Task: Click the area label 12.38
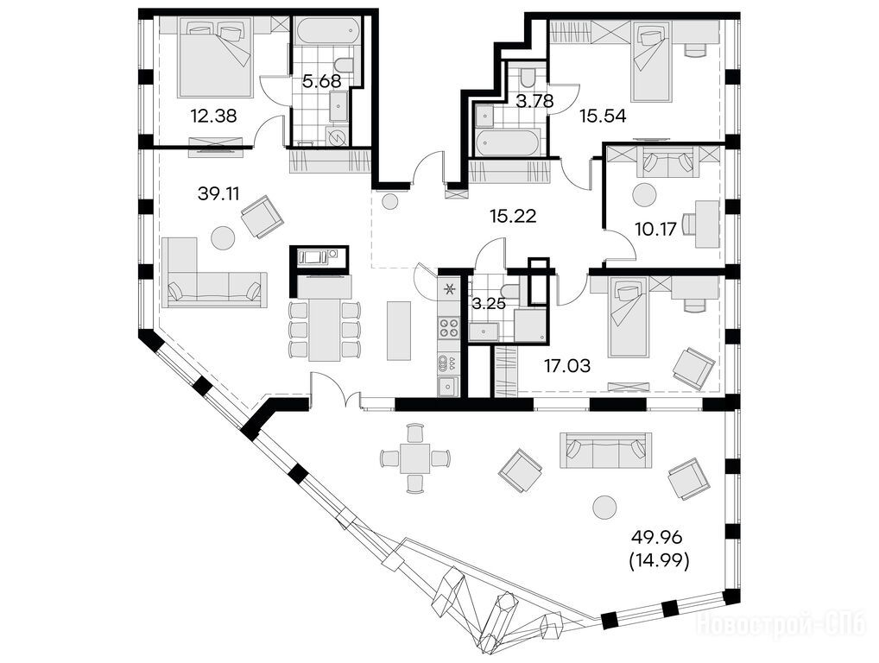213,116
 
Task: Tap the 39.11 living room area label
218,194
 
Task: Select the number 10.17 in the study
656,229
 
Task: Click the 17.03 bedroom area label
567,367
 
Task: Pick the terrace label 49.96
656,538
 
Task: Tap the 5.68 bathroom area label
322,81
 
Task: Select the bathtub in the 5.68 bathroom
328,32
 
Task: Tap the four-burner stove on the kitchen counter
449,327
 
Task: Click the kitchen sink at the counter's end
448,386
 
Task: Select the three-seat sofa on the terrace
605,450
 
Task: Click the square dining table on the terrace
414,458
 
